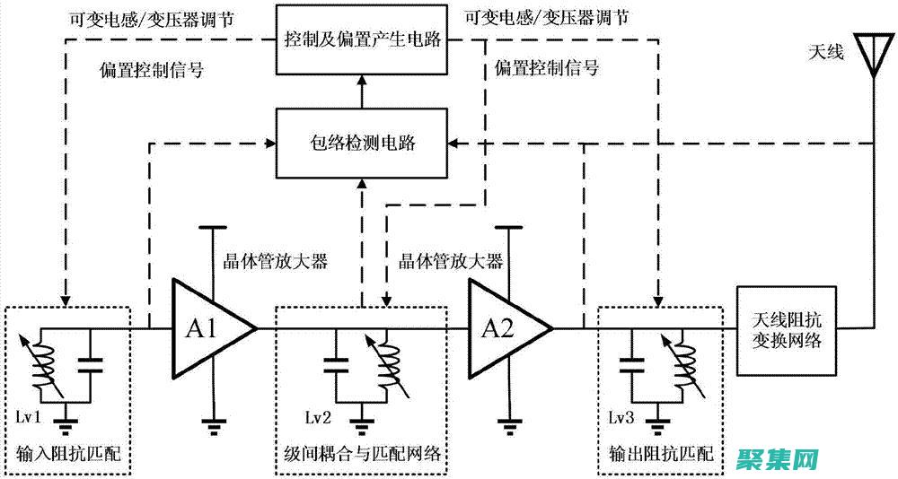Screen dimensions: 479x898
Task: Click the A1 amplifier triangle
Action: point(208,329)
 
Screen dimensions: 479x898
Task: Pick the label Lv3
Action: point(621,418)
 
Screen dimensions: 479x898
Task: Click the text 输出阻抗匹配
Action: point(660,453)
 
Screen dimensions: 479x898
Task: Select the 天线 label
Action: point(826,53)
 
